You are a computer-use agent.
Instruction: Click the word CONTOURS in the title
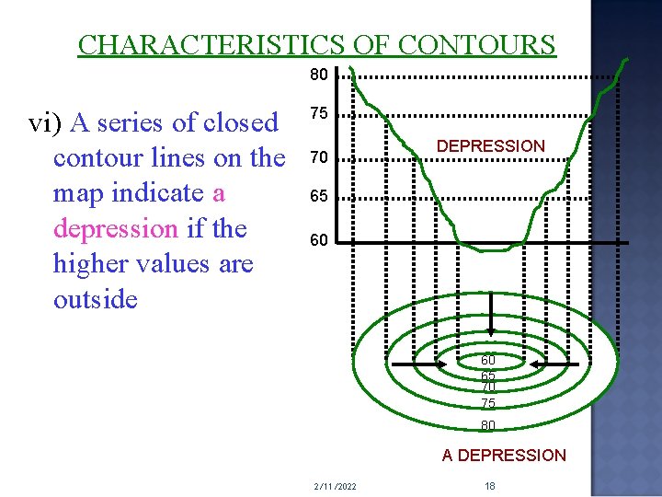(x=477, y=44)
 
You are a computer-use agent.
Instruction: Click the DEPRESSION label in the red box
(x=490, y=146)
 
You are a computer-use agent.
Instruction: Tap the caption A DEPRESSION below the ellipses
(x=504, y=455)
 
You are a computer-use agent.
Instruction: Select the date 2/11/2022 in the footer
(x=335, y=485)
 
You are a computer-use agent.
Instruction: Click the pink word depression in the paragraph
(x=114, y=228)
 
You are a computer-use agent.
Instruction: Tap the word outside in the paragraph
(x=96, y=298)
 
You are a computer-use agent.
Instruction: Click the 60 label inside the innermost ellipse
(x=488, y=360)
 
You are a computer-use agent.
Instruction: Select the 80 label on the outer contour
(x=488, y=425)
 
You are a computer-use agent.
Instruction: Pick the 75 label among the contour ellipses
(x=488, y=403)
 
